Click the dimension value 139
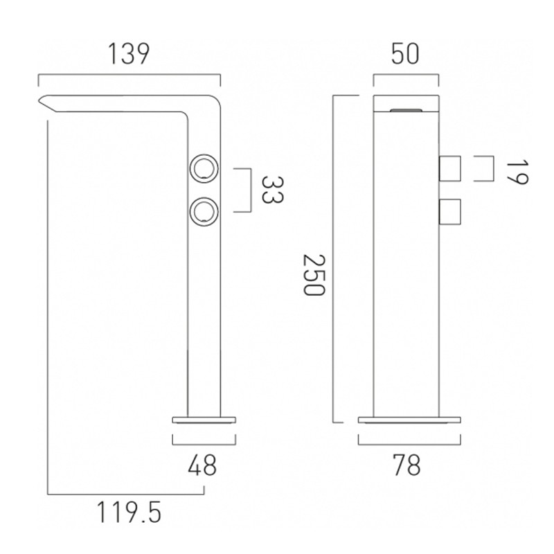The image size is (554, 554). point(129,54)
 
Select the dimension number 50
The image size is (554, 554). point(405,54)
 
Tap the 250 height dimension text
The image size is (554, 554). point(314,275)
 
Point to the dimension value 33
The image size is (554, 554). point(272,190)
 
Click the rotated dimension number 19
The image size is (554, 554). point(517,172)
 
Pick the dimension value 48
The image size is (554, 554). point(202,465)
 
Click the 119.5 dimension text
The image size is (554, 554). point(129,513)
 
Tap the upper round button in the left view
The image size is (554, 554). point(204,168)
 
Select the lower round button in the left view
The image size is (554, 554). point(204,211)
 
